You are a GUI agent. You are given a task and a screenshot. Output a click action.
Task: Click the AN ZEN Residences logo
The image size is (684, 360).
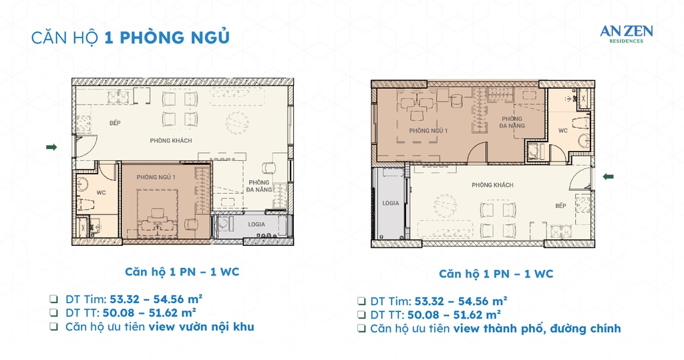click(x=626, y=33)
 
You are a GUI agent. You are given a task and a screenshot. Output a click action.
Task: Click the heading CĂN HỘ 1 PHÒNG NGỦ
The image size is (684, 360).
click(x=130, y=37)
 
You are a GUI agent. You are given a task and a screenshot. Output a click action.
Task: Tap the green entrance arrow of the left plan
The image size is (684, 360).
click(x=51, y=147)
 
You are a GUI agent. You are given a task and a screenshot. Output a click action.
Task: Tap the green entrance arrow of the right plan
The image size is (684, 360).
click(x=609, y=176)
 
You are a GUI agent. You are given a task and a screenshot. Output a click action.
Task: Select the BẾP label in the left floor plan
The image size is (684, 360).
click(x=116, y=123)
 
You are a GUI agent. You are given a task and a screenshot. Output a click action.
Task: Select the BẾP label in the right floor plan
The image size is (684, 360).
click(x=560, y=206)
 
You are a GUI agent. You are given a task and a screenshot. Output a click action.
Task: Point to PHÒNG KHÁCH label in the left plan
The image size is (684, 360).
click(x=170, y=141)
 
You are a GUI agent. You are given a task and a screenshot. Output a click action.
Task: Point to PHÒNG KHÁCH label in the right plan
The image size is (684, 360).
click(x=492, y=185)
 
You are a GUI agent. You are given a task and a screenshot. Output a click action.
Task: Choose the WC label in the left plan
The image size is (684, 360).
click(x=101, y=192)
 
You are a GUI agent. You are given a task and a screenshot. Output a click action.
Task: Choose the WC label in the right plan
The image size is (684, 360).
click(x=562, y=130)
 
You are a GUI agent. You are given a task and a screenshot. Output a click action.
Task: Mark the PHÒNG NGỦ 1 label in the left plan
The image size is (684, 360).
click(x=156, y=177)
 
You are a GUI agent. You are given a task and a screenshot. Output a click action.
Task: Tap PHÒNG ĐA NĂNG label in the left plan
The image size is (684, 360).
click(x=259, y=186)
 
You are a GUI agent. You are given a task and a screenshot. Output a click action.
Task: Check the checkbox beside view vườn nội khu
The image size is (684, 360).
click(x=53, y=327)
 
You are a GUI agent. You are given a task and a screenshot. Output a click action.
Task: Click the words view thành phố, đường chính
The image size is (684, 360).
click(x=537, y=328)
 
